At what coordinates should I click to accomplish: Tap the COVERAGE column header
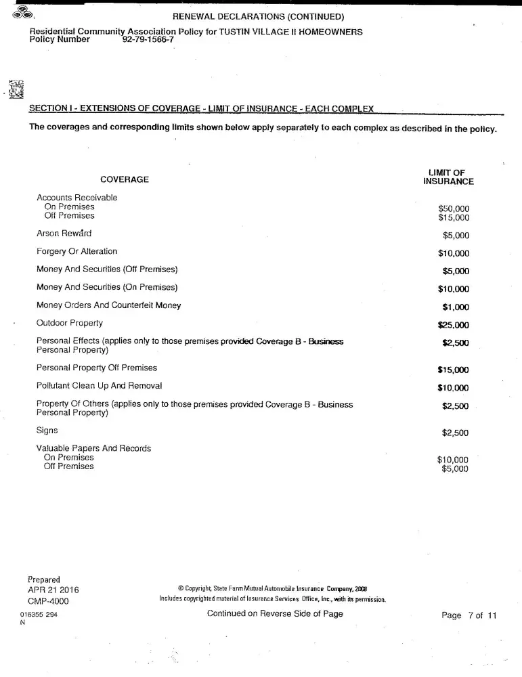click(x=125, y=179)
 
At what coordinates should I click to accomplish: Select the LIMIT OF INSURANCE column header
click(x=448, y=177)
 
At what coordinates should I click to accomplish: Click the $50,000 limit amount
click(x=454, y=209)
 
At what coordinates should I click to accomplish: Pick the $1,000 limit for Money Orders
click(x=456, y=307)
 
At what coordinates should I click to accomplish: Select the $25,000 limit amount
click(x=454, y=325)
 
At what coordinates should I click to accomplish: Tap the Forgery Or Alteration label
click(x=77, y=251)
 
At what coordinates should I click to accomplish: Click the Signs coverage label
click(x=47, y=430)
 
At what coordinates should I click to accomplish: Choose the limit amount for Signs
click(x=455, y=433)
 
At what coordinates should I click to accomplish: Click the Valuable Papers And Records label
click(x=93, y=448)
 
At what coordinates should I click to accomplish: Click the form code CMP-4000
click(x=48, y=601)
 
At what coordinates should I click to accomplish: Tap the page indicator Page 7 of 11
click(x=469, y=615)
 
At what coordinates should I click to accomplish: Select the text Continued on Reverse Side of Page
click(x=275, y=614)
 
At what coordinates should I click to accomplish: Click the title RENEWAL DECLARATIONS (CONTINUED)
click(x=259, y=16)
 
